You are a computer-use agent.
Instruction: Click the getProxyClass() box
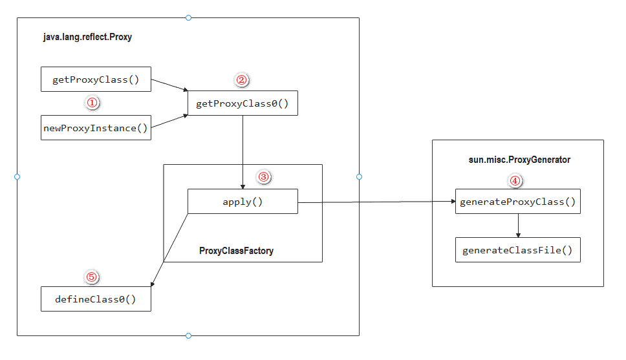coord(96,79)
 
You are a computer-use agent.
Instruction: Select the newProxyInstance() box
coord(96,128)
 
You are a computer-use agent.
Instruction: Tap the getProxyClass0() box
coord(243,103)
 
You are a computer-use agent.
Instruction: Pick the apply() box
coord(243,201)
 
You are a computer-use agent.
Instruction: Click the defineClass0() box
coord(96,299)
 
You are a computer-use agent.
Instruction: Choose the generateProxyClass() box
coord(518,201)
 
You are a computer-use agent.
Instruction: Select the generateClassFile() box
coord(518,250)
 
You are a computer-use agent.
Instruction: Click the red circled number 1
coord(92,103)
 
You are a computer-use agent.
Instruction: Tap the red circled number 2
coord(241,80)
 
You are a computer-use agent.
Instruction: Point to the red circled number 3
coord(263,177)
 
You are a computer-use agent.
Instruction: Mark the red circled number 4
coord(515,181)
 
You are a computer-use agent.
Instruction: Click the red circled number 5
coord(92,277)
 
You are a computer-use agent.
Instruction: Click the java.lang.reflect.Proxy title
coord(87,37)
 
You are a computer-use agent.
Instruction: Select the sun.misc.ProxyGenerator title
coord(519,160)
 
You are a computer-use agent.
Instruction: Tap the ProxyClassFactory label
coord(236,251)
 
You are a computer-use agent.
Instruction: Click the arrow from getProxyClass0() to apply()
coord(243,153)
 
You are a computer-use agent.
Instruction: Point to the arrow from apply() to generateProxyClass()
coord(376,202)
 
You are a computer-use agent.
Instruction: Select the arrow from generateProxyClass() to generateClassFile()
coord(518,226)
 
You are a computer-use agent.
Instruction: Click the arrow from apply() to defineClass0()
coord(169,250)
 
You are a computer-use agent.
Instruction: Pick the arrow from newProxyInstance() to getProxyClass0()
coord(169,122)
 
